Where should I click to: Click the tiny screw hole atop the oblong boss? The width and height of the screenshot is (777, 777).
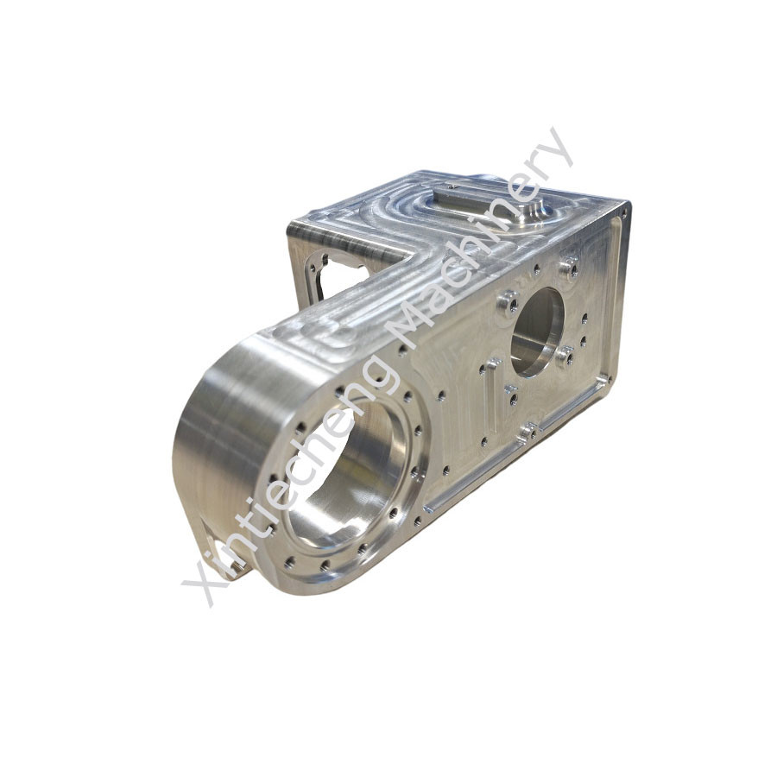pos(451,186)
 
